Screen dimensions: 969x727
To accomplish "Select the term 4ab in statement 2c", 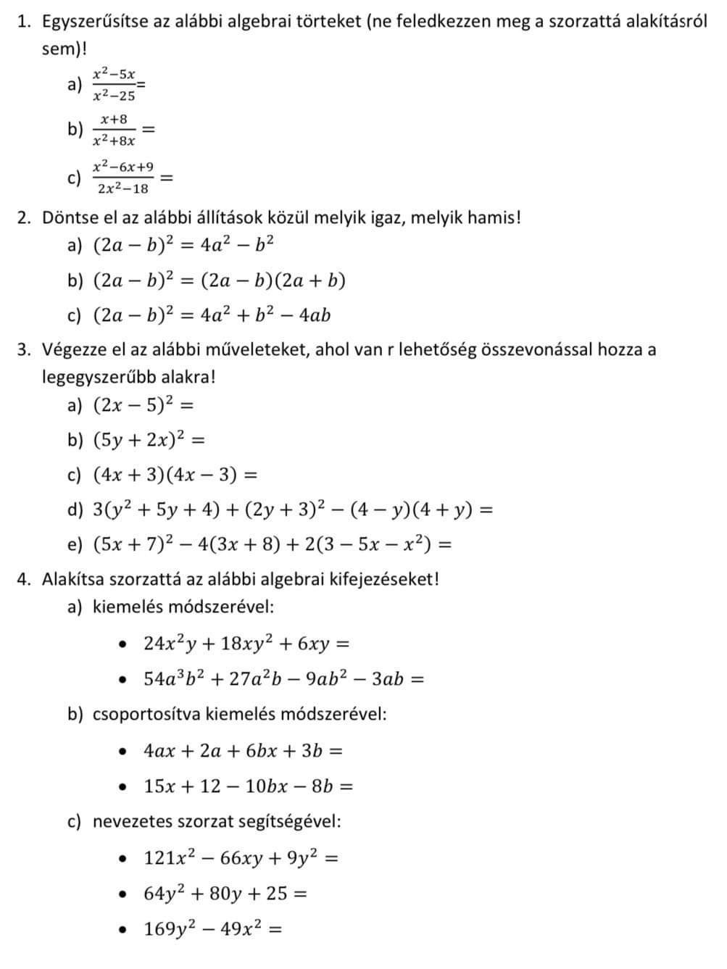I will coord(315,316).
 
